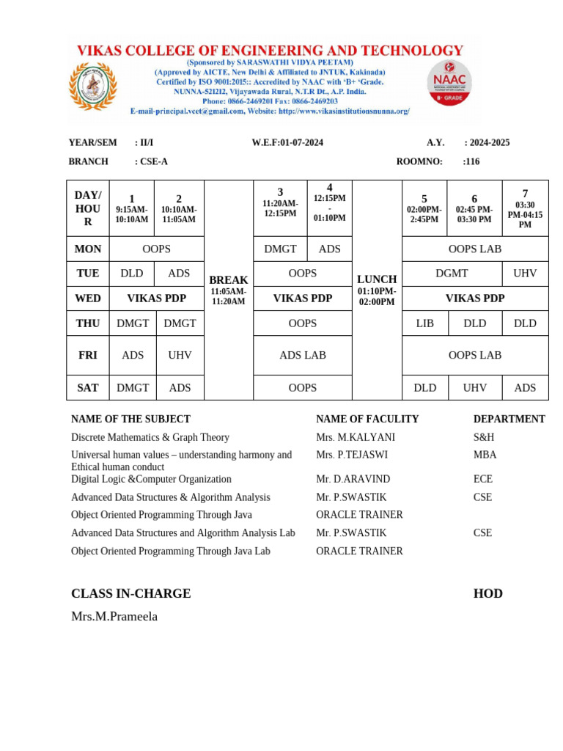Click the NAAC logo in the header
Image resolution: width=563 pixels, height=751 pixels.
(x=449, y=83)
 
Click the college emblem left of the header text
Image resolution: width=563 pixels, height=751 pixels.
(x=92, y=85)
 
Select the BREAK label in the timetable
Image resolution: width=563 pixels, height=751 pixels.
(x=229, y=280)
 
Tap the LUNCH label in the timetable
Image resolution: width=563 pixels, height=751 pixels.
(x=377, y=279)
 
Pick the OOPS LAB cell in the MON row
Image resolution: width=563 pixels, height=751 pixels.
(x=474, y=249)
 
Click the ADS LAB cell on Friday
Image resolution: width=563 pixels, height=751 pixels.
(x=302, y=355)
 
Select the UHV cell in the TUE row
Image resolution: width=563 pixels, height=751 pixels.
(x=525, y=273)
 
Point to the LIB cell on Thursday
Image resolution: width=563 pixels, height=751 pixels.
(x=424, y=323)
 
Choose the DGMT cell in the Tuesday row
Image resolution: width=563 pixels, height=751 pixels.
(x=452, y=273)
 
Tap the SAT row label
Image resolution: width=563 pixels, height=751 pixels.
(x=88, y=387)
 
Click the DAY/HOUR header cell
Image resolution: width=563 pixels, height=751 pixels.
(x=88, y=208)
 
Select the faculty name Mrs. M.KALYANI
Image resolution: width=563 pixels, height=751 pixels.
(x=356, y=437)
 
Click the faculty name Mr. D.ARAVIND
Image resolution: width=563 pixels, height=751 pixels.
(x=353, y=479)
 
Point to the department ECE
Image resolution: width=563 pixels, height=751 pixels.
(x=484, y=479)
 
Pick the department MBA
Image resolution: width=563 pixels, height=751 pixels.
(x=485, y=455)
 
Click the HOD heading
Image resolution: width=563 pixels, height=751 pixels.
(x=487, y=593)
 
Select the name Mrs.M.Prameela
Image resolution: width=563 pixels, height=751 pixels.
(x=114, y=616)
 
